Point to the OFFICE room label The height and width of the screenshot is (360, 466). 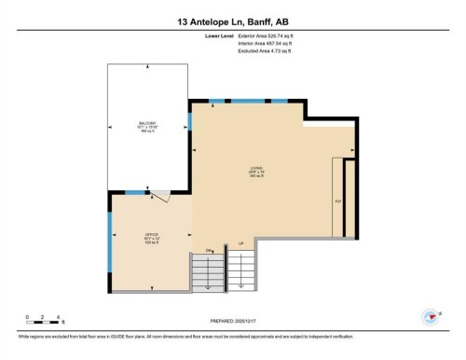point(151,234)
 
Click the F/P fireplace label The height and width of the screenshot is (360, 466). point(338,201)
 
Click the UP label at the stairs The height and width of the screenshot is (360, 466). point(242,243)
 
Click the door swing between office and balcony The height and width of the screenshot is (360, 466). point(159,196)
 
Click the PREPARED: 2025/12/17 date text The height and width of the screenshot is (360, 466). point(232,322)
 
